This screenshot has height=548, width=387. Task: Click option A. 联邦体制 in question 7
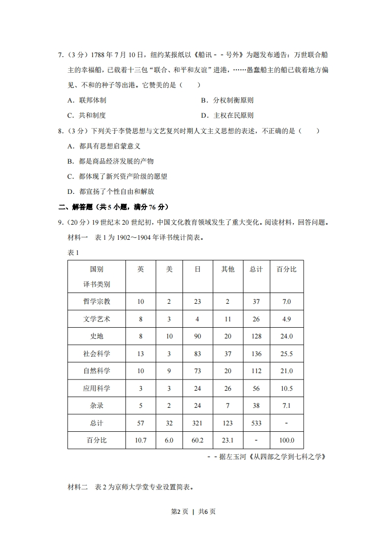click(87, 100)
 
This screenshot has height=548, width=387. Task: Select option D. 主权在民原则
click(227, 115)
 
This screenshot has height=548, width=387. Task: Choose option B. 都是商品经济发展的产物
click(110, 161)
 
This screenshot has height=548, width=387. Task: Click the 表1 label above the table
click(73, 253)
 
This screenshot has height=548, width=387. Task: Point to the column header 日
click(197, 269)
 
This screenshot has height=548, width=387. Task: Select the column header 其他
click(227, 269)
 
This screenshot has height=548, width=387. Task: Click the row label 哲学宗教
click(97, 301)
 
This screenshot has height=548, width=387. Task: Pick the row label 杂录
click(97, 405)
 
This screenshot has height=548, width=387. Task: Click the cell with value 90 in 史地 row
click(197, 336)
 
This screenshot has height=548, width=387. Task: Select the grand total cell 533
click(256, 423)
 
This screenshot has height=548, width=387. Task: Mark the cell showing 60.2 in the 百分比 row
click(197, 440)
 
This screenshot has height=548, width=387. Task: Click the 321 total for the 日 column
click(197, 423)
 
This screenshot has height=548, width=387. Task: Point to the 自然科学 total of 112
click(256, 371)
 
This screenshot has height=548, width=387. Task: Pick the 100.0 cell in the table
click(286, 440)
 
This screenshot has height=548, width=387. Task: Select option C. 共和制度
click(87, 115)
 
